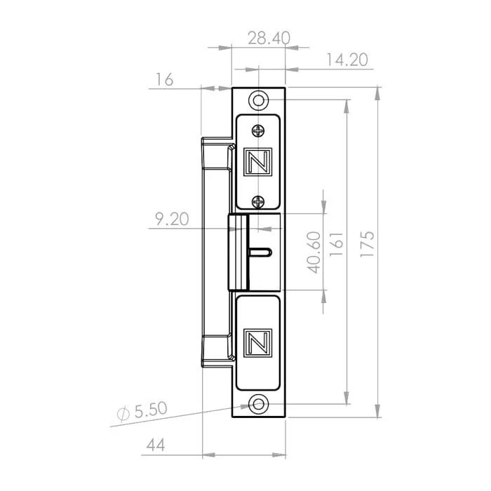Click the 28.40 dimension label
(x=269, y=38)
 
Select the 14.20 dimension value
(x=347, y=60)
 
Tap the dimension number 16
(x=165, y=79)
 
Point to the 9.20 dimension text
(x=173, y=219)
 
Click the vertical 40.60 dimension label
(x=314, y=253)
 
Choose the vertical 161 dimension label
(x=336, y=244)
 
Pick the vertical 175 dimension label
(x=367, y=244)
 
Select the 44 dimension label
(x=156, y=445)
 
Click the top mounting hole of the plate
(x=258, y=100)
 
